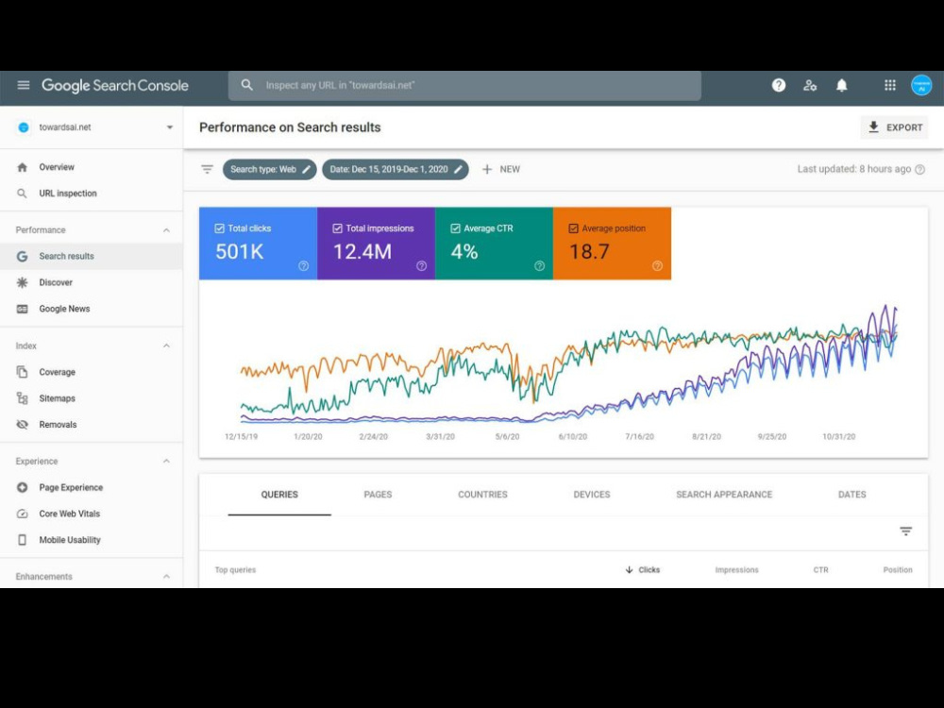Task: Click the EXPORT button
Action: point(894,127)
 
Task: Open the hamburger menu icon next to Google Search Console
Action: point(24,85)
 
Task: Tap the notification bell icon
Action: point(842,86)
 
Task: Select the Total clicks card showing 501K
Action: point(259,244)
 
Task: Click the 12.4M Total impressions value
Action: point(362,252)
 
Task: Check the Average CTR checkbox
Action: point(456,228)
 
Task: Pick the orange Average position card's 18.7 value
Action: point(589,252)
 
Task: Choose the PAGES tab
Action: point(379,495)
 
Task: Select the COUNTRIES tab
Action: point(482,495)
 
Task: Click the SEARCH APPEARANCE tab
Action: point(724,495)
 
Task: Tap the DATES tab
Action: point(851,495)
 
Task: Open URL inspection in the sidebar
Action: point(68,194)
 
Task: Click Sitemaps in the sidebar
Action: point(58,398)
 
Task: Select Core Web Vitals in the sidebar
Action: point(70,514)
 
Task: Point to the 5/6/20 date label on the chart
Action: point(507,436)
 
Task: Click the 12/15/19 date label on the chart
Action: point(241,436)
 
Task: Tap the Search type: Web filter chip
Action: point(270,169)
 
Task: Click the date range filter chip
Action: point(395,169)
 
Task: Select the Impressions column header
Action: point(737,569)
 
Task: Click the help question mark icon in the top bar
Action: point(779,86)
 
